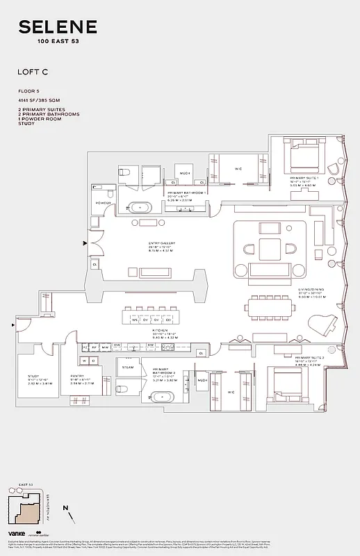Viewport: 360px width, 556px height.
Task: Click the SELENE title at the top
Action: (59, 27)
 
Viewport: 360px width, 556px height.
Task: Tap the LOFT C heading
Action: (32, 71)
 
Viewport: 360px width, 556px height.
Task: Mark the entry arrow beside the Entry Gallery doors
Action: (85, 243)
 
